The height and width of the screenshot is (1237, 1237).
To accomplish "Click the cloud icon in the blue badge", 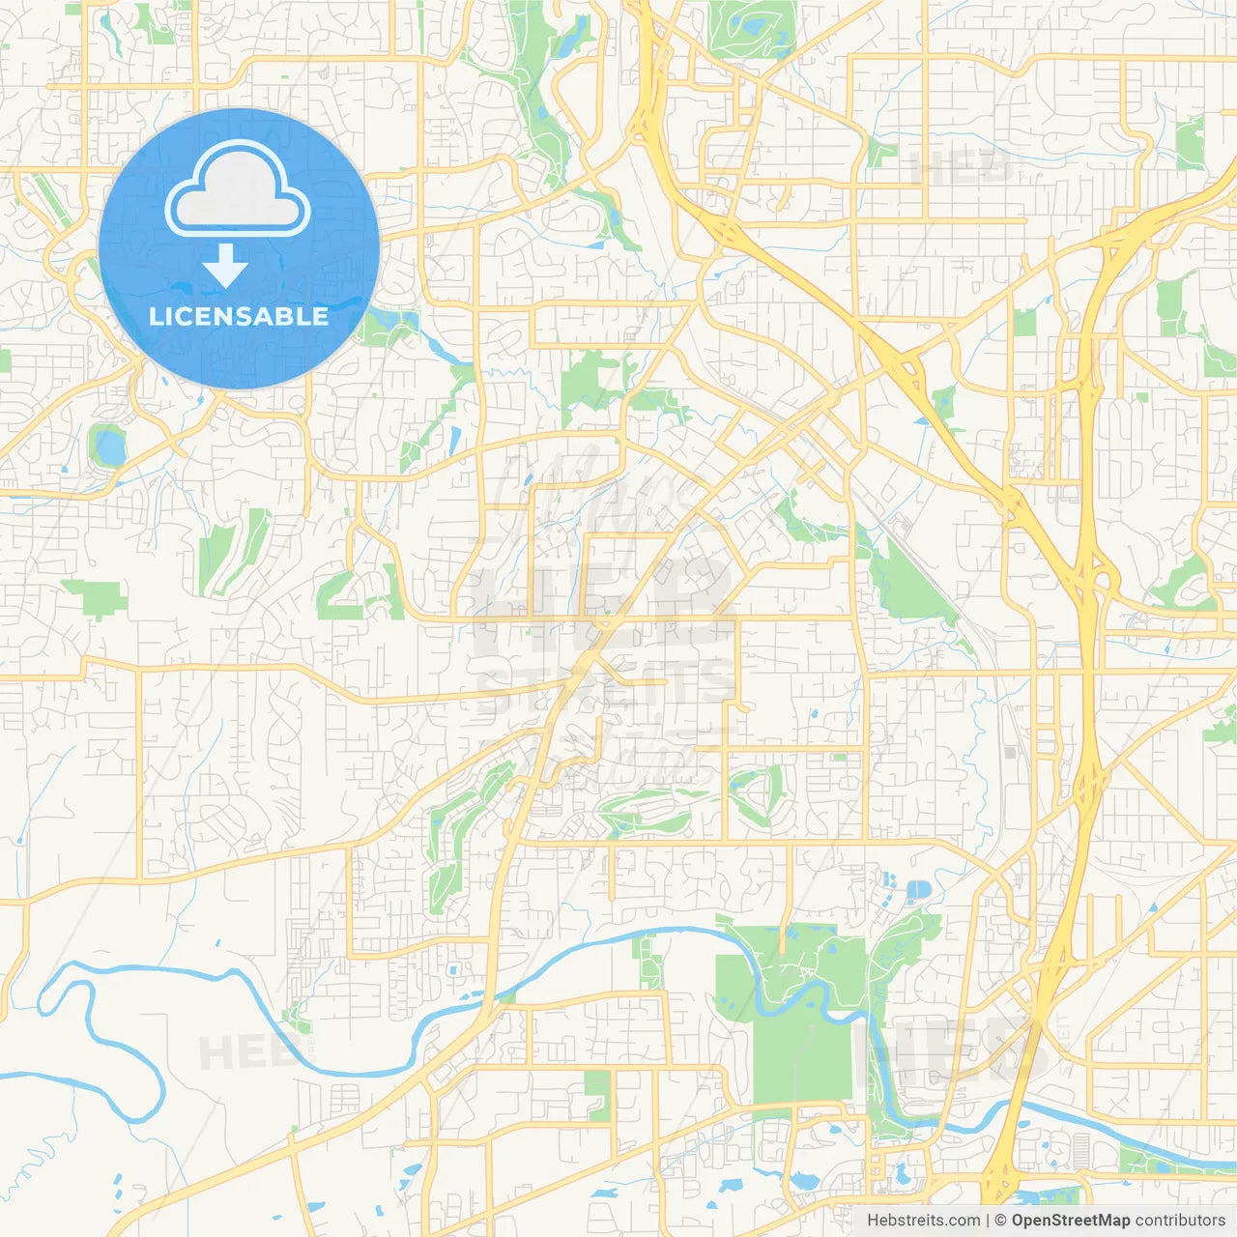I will tap(238, 190).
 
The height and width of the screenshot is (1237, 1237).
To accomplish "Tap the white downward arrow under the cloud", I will tap(225, 266).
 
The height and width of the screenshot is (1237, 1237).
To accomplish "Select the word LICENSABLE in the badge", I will tap(239, 316).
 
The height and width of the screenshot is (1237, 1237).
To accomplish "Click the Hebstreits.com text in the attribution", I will tap(923, 1221).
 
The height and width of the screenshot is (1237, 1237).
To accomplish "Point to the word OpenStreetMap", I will tap(1070, 1221).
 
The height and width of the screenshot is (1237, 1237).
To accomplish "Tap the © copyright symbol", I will tap(1001, 1221).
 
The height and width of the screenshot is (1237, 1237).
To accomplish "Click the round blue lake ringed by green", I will tap(109, 446).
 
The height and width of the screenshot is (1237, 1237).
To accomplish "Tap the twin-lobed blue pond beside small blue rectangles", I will tap(916, 890).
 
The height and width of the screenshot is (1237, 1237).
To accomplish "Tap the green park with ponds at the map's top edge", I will tap(752, 29).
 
